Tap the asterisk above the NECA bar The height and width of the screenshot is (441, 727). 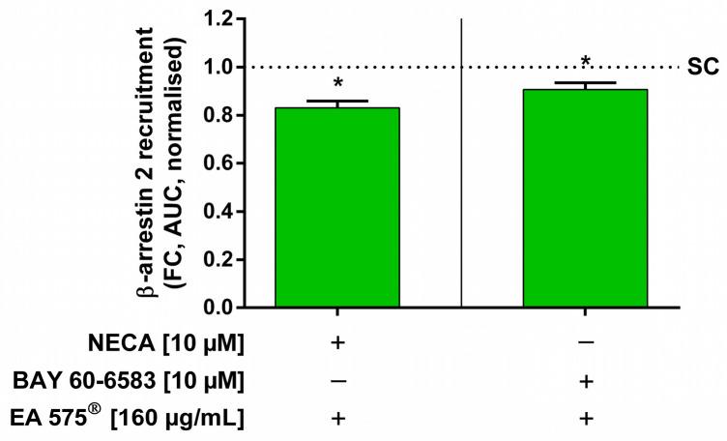click(337, 85)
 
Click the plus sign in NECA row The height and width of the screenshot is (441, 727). click(337, 345)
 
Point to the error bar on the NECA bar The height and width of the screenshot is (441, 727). click(337, 103)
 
